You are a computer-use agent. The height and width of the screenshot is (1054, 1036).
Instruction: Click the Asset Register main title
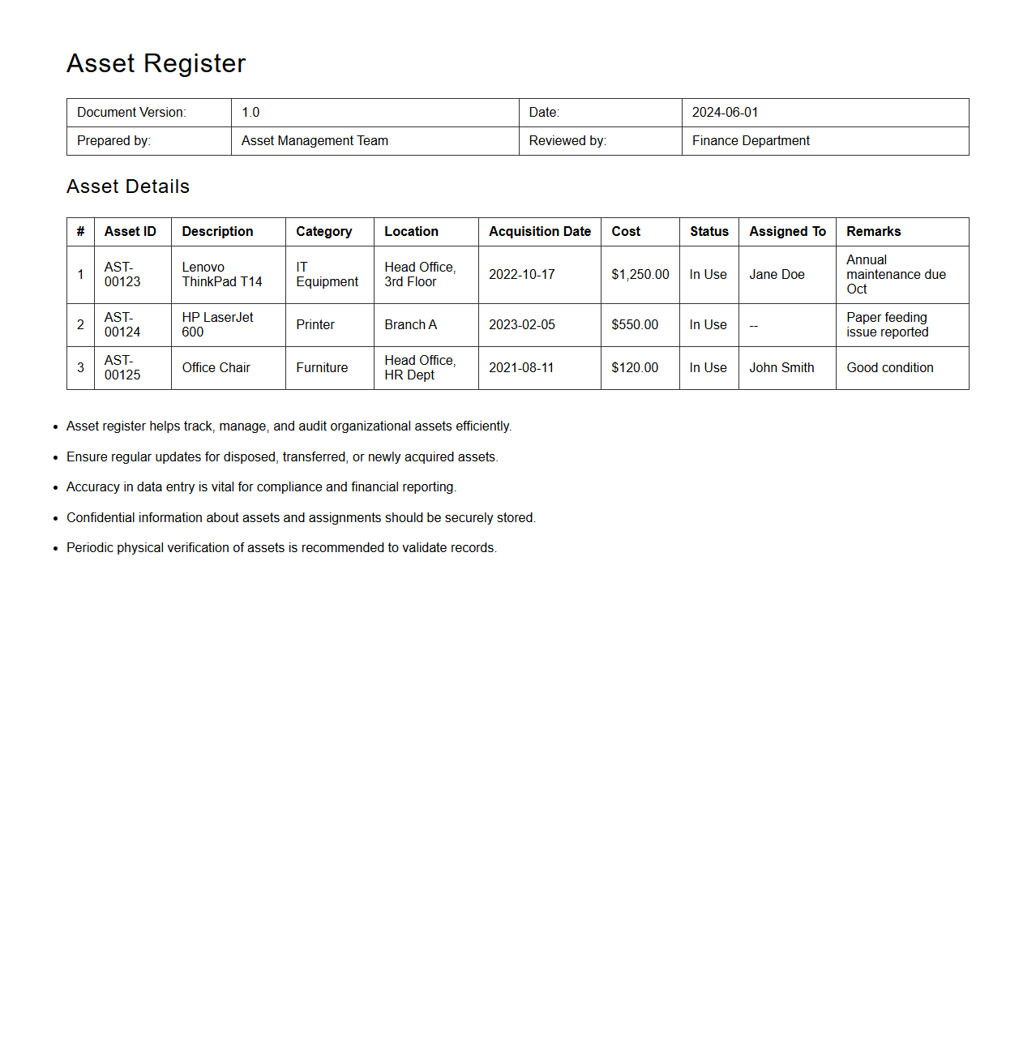coord(156,63)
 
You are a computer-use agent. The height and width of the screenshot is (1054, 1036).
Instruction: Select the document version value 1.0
coord(250,113)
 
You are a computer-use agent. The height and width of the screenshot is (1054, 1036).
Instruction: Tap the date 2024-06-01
coord(725,113)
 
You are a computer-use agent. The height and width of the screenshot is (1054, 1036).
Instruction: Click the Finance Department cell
coord(751,141)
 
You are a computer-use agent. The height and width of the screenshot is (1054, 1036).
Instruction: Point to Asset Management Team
coord(315,141)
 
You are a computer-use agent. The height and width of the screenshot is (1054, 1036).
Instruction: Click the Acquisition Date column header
coord(539,232)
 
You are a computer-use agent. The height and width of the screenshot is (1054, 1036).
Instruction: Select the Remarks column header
coord(873,232)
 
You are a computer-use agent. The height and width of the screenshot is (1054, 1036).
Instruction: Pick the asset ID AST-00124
coord(122,325)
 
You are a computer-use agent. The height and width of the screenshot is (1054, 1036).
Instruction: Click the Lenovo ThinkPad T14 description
coord(221,275)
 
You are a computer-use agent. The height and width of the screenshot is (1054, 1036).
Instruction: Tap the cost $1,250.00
coord(640,275)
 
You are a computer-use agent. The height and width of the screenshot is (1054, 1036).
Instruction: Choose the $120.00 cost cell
coord(635,368)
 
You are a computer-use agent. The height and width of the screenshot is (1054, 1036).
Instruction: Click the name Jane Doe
coord(777,275)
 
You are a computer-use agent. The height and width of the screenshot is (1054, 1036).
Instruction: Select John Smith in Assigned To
coord(781,368)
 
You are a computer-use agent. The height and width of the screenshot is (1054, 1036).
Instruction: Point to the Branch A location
coord(410,325)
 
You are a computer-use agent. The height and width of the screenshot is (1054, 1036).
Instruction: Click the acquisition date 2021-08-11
coord(521,368)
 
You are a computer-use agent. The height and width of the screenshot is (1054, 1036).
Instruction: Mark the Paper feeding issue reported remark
coord(887,325)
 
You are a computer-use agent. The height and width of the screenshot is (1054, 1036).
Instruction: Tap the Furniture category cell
coord(322,368)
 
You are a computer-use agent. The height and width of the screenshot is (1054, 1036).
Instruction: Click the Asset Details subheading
coord(128,186)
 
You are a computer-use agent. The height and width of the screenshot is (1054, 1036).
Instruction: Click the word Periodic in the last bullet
coord(90,548)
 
